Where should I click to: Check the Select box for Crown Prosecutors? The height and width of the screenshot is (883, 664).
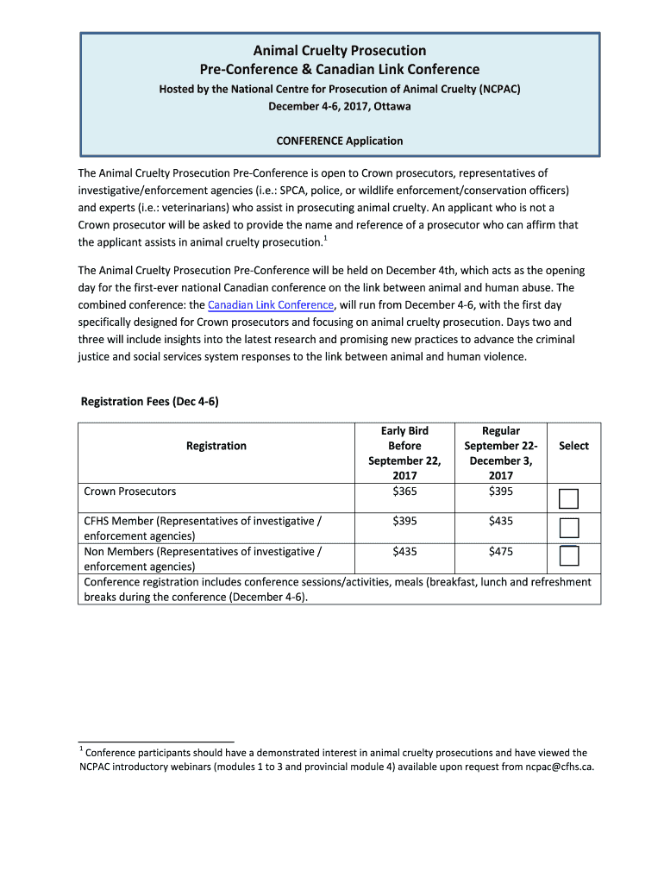(x=568, y=498)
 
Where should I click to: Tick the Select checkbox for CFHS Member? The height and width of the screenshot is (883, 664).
(x=568, y=528)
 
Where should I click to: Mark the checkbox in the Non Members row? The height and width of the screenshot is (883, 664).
(x=568, y=556)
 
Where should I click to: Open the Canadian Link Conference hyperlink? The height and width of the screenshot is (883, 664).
(x=271, y=305)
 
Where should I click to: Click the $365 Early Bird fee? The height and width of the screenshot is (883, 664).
(x=404, y=492)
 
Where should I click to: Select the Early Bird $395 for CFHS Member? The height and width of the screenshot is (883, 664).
(x=404, y=521)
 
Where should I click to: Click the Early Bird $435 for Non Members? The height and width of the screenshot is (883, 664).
(x=404, y=551)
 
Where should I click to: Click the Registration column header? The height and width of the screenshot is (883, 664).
(x=216, y=446)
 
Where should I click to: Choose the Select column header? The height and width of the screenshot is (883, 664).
(x=573, y=446)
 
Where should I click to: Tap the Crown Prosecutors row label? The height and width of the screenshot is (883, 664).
(x=130, y=492)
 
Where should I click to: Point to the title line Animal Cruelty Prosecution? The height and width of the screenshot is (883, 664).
(x=340, y=51)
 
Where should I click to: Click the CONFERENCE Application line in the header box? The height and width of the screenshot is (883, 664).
(x=339, y=141)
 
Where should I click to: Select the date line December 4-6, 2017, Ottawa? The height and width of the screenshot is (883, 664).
(x=339, y=107)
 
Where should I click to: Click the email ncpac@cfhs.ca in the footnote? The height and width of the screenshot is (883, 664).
(x=560, y=767)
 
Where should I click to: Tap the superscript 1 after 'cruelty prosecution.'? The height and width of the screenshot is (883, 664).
(x=325, y=237)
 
